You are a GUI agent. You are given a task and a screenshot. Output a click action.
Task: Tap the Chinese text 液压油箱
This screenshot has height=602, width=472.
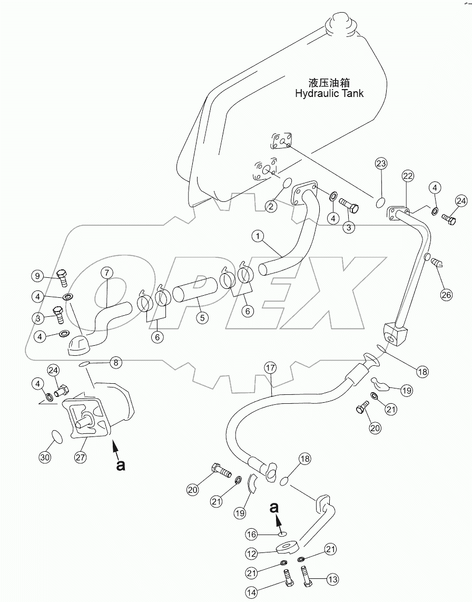330,83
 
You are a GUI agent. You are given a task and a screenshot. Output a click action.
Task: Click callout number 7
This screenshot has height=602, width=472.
106,273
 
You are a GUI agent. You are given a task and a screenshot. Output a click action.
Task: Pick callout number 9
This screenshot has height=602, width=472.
37,275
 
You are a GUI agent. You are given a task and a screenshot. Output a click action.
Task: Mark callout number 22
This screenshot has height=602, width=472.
407,176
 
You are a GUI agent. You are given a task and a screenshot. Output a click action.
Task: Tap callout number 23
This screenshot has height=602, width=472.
381,163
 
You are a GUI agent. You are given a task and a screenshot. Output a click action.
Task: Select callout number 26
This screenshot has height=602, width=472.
446,295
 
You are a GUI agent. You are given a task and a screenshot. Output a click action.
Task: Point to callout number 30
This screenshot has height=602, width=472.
45,458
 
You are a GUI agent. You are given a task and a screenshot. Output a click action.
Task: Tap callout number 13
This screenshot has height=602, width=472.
332,580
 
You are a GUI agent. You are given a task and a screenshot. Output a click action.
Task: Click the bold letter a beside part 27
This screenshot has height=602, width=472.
121,465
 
